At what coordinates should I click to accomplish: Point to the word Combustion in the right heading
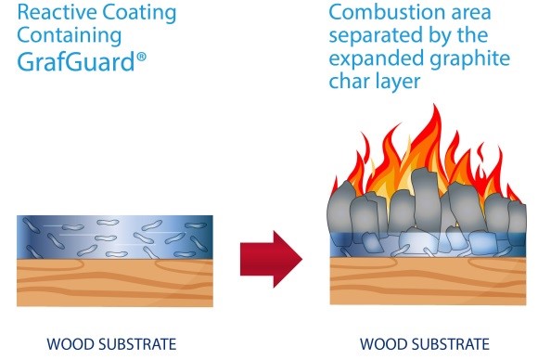382,14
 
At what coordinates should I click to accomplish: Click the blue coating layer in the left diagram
115,237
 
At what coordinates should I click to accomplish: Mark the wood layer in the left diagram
115,285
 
